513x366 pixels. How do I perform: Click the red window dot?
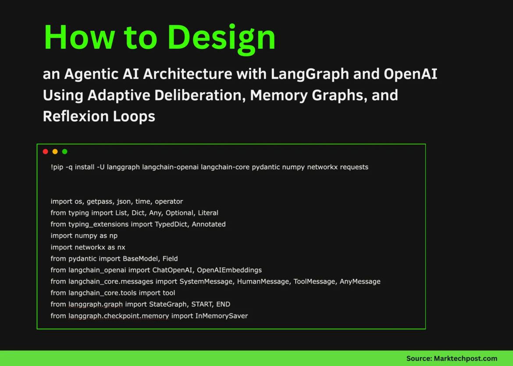tap(45, 151)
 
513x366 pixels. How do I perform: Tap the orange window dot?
tap(55, 151)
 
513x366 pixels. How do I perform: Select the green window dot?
tap(64, 151)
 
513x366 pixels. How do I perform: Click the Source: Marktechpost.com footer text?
tap(452, 358)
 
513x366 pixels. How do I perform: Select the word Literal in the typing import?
tap(208, 213)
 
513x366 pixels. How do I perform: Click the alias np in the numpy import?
tap(113, 236)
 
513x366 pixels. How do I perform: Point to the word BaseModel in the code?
tap(142, 259)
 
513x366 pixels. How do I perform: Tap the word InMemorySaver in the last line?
tap(221, 316)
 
